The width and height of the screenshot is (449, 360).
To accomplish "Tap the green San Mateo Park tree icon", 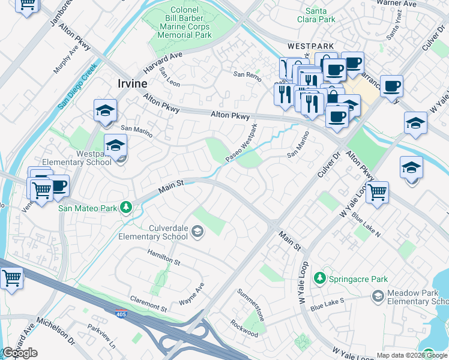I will [x=125, y=208].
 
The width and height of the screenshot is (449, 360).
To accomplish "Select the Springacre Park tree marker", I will [x=321, y=278].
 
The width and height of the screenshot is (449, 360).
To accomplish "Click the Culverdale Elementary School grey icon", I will [x=197, y=232].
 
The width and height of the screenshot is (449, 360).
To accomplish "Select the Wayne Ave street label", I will [x=192, y=294].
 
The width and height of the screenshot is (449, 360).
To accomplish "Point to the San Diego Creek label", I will [x=77, y=88].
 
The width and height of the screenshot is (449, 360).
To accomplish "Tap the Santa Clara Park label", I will [x=320, y=15].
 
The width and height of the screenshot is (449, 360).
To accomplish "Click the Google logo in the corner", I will [x=20, y=353].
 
